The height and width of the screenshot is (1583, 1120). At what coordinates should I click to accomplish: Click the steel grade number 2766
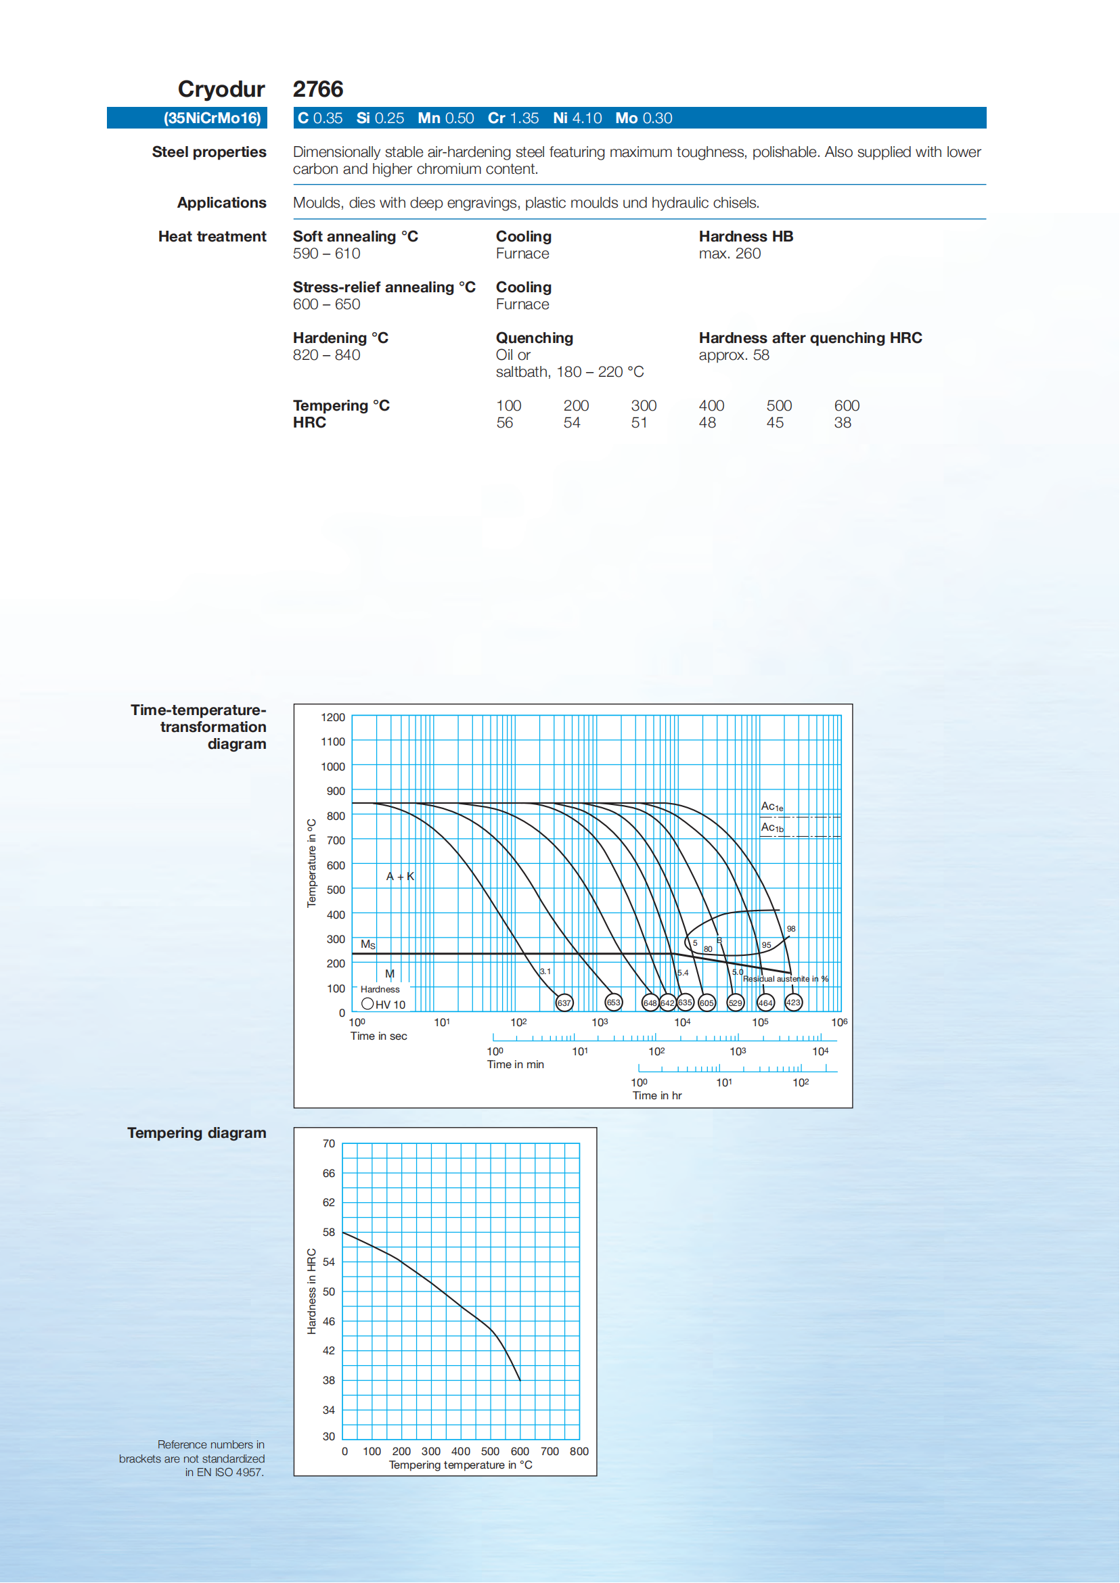pos(318,89)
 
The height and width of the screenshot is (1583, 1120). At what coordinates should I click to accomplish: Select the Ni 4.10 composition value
pos(577,118)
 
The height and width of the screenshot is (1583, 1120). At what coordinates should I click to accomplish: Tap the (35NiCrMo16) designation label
pos(212,118)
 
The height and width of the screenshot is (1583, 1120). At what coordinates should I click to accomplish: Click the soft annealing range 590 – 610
pos(326,254)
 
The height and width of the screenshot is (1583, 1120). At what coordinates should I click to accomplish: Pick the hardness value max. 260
pos(730,254)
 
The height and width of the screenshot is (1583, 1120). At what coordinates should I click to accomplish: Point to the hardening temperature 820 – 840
pos(326,355)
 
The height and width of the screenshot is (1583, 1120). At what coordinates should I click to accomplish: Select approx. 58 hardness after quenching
pos(734,355)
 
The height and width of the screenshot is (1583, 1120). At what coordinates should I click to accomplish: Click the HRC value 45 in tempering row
pos(775,423)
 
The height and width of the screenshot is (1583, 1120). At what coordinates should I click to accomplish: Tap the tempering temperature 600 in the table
pos(847,406)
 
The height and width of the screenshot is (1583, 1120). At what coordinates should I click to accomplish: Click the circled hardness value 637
pos(564,1003)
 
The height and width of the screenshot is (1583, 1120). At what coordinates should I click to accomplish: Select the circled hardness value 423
pos(794,1003)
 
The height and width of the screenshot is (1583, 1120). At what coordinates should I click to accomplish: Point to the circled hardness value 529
pos(736,1003)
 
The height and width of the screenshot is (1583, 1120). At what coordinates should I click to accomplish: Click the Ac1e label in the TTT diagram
pos(771,806)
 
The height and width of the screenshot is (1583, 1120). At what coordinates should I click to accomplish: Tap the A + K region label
pos(400,877)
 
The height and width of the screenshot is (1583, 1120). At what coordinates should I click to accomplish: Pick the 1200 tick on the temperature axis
pos(333,718)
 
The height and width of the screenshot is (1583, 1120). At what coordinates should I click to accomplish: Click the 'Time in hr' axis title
pos(657,1096)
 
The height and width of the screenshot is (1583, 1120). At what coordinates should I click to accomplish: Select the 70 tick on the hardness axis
pos(329,1144)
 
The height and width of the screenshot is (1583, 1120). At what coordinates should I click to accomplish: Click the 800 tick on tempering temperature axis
pos(579,1451)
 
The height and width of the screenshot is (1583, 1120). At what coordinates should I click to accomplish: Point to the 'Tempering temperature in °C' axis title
pos(461,1465)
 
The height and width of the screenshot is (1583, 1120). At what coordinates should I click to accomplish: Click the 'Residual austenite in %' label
pos(786,979)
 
